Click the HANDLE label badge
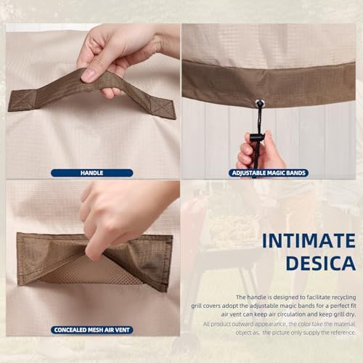point(91,173)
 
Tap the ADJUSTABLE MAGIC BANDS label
point(269,173)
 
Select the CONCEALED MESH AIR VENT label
point(91,330)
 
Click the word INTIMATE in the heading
point(309,241)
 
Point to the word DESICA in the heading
point(321,263)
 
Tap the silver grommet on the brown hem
point(260,104)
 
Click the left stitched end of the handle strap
point(23,100)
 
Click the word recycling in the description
point(343,297)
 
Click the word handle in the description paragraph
point(256,297)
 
